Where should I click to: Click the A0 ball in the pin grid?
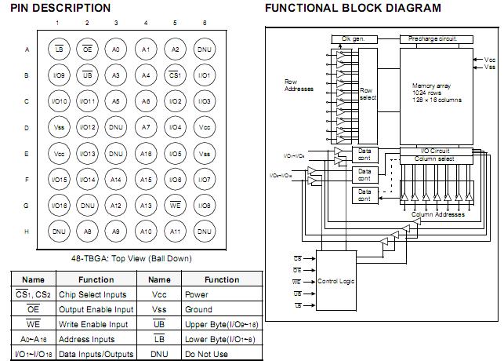tap(116, 49)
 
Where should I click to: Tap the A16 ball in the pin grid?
tap(146, 153)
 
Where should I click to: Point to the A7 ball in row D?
tap(146, 126)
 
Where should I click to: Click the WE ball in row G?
tap(176, 205)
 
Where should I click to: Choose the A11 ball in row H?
tap(176, 232)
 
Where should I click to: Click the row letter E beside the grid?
tap(26, 153)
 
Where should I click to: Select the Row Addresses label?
tap(299, 84)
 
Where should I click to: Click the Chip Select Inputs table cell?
tap(86, 294)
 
